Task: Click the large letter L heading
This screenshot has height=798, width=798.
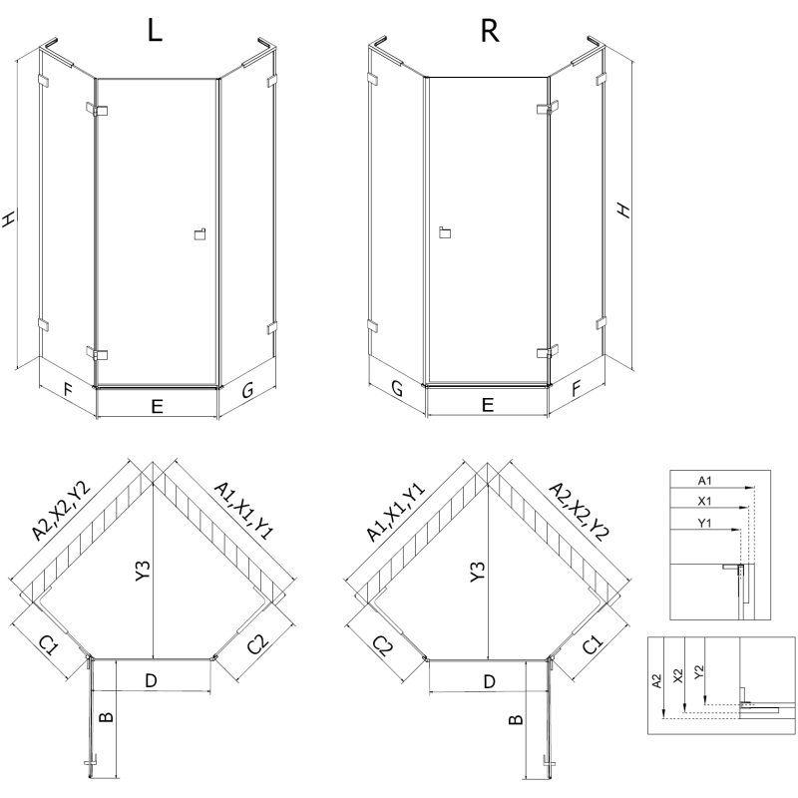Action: point(155,31)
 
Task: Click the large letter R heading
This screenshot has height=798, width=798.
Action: point(489,31)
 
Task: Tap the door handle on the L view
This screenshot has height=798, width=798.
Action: point(198,234)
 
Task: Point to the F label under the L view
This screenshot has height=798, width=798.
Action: point(67,390)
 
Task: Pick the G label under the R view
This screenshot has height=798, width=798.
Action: point(396,390)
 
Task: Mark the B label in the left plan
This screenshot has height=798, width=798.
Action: point(107,716)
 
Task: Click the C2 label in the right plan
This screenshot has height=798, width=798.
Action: point(383,646)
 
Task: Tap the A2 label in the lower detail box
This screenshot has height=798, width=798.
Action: point(656,681)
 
